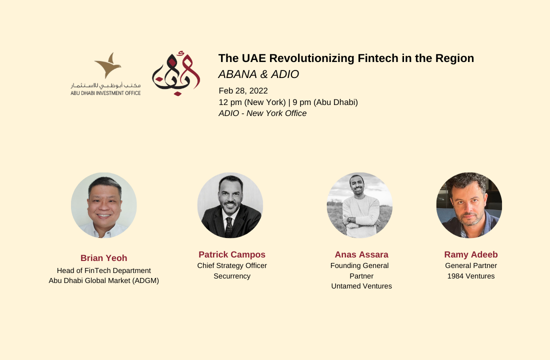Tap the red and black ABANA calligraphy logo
pyautogui.click(x=176, y=73)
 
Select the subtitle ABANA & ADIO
pyautogui.click(x=258, y=74)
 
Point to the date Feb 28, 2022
pyautogui.click(x=243, y=91)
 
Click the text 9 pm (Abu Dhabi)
pyautogui.click(x=325, y=102)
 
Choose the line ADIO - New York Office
pyautogui.click(x=262, y=113)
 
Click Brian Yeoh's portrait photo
pyautogui.click(x=104, y=205)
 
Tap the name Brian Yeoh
pyautogui.click(x=104, y=258)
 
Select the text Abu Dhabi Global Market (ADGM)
pyautogui.click(x=104, y=280)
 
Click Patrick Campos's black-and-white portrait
pyautogui.click(x=230, y=205)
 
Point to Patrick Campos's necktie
pyautogui.click(x=228, y=226)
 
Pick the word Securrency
pyautogui.click(x=232, y=276)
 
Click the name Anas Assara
pyautogui.click(x=361, y=254)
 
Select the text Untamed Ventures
pyautogui.click(x=361, y=286)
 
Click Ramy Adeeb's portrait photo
pyautogui.click(x=469, y=205)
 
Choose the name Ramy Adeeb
pyautogui.click(x=470, y=254)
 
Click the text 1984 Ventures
pyautogui.click(x=470, y=276)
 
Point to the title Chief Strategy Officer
pyautogui.click(x=232, y=265)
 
